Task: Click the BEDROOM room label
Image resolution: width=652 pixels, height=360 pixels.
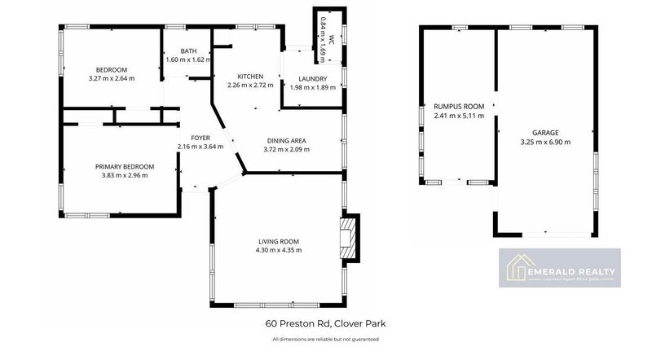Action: (x=112, y=70)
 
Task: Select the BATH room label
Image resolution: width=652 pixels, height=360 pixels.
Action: (x=188, y=51)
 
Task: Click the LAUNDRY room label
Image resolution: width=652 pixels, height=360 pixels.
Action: (x=312, y=79)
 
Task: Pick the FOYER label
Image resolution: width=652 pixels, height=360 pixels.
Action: (x=200, y=138)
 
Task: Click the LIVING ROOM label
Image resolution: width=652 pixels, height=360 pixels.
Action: (x=279, y=241)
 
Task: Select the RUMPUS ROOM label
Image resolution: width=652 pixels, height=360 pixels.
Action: (x=459, y=107)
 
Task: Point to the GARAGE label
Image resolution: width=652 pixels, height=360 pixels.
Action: (x=545, y=132)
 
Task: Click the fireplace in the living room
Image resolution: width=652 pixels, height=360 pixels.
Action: (x=349, y=239)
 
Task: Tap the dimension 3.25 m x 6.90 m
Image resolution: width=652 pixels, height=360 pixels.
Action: (x=545, y=141)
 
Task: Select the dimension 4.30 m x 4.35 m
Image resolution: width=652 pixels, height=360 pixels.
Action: (x=279, y=250)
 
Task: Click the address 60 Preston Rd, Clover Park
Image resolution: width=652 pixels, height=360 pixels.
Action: (x=325, y=323)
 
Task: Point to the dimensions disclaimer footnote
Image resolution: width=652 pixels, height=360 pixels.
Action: (x=325, y=339)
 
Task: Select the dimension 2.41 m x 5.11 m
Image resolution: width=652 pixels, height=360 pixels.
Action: (x=459, y=116)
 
